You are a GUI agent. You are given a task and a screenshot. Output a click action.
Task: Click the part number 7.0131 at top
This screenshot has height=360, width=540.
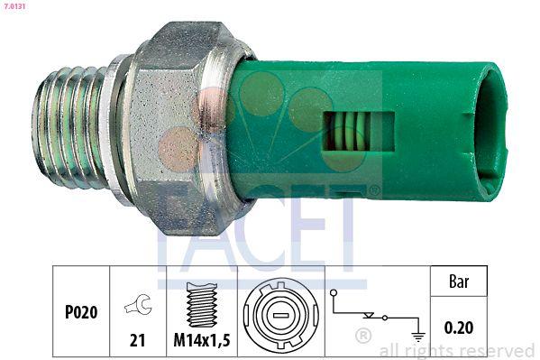(x=15, y=6)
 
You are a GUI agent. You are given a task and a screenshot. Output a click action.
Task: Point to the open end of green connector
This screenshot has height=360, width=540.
(x=492, y=132)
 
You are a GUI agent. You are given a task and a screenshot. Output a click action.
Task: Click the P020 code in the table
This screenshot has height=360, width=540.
(x=80, y=313)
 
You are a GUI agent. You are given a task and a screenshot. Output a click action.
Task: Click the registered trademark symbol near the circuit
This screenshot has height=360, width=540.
(x=363, y=337)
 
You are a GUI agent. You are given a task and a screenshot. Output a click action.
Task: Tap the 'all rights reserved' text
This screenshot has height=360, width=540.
(x=456, y=350)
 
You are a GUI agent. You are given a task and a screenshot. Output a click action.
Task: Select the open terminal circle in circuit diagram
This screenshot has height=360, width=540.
(x=334, y=293)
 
